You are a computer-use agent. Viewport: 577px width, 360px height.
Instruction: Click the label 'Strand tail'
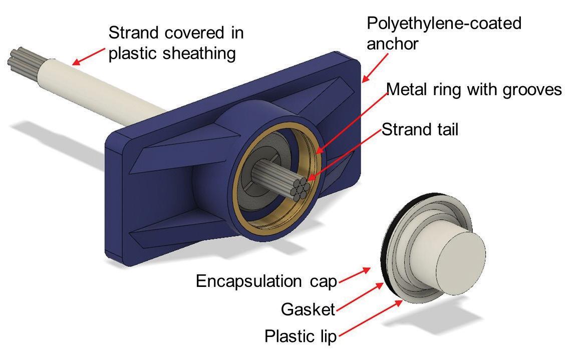(420, 130)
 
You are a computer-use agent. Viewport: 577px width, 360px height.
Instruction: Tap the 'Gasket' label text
(308, 309)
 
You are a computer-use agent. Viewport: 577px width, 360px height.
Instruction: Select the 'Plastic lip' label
(301, 336)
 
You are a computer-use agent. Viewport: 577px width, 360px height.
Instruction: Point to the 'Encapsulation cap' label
(266, 281)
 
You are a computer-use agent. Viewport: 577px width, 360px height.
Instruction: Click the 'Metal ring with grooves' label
(474, 90)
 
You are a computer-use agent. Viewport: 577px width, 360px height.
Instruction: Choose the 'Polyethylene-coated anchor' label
(444, 33)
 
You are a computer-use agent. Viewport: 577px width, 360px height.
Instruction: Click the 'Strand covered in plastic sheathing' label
(176, 43)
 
